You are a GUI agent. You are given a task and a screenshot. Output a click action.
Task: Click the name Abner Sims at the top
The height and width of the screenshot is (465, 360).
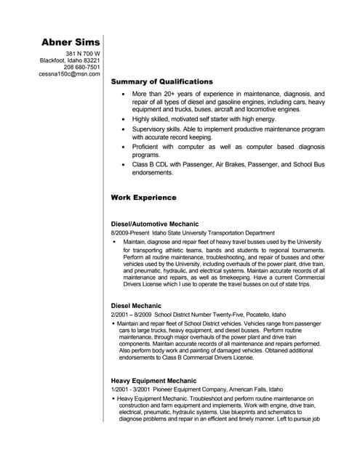coord(71,41)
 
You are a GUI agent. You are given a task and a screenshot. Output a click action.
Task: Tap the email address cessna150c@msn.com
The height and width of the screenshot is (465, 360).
coord(69,74)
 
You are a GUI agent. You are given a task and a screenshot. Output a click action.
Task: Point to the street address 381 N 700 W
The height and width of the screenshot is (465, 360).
coord(83,54)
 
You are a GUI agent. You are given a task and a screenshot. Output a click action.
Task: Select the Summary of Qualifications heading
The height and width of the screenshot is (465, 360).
coord(161,82)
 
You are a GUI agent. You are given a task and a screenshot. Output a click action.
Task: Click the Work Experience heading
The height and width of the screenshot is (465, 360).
coord(143,197)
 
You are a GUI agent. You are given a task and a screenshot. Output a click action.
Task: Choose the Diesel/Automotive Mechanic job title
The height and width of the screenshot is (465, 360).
coord(154,224)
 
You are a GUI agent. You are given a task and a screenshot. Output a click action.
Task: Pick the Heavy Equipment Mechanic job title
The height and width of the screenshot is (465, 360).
coord(153,381)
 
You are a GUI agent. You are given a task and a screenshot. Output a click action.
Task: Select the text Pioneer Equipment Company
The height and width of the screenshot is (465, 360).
coord(188,389)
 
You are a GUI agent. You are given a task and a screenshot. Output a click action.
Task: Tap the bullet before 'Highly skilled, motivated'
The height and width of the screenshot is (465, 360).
coord(123,117)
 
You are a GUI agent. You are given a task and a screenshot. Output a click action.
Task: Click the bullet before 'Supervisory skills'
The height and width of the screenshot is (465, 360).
coord(123,129)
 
